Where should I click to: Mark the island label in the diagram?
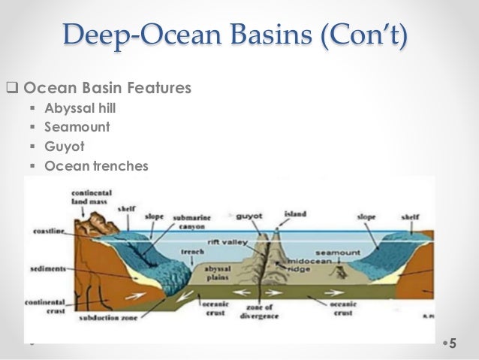[294, 213]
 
